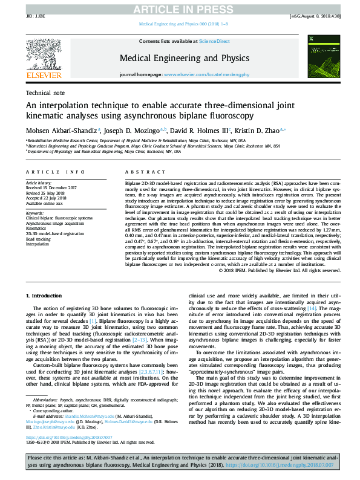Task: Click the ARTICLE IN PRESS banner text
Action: [180, 8]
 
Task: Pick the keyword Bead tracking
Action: [39, 239]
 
